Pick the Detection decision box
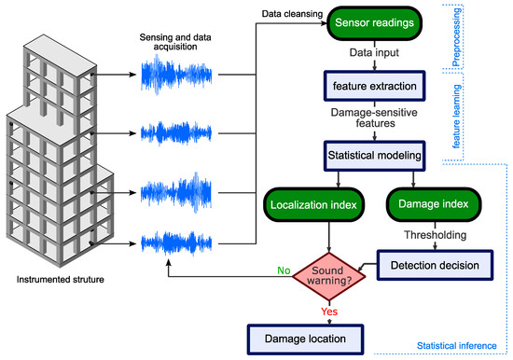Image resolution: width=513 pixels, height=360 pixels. pyautogui.click(x=432, y=266)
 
